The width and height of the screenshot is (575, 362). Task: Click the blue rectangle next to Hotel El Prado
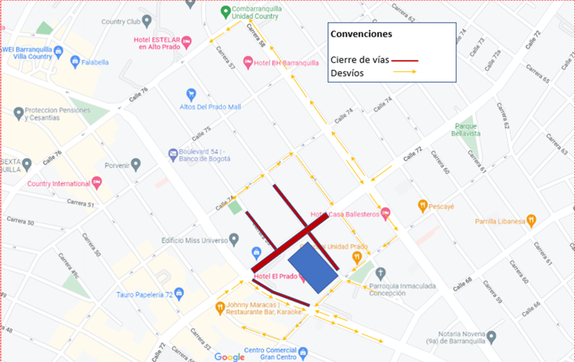click(x=313, y=268)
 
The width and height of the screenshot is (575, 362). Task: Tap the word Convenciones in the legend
click(x=361, y=34)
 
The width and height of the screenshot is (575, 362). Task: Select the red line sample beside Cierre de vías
click(x=404, y=60)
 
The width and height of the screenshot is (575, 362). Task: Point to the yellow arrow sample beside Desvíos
click(x=404, y=72)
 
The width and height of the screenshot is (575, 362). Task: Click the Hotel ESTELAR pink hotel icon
click(x=186, y=43)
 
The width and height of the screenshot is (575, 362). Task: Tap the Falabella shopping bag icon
click(x=75, y=62)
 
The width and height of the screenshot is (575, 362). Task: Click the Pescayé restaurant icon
click(x=422, y=206)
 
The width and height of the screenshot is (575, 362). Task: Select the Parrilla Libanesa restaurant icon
click(x=531, y=221)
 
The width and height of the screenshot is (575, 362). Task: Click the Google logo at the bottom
click(x=229, y=357)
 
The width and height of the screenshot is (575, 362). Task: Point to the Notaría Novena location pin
click(x=491, y=336)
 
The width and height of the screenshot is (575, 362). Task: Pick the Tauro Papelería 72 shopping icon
click(x=179, y=294)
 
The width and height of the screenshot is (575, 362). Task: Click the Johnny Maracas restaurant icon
click(x=220, y=308)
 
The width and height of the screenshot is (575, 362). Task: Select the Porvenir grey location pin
click(x=136, y=165)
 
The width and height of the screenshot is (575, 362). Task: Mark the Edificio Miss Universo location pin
click(x=234, y=240)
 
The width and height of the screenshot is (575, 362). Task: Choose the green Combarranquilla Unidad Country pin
click(x=226, y=13)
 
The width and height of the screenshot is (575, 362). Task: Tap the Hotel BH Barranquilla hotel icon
click(x=248, y=62)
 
